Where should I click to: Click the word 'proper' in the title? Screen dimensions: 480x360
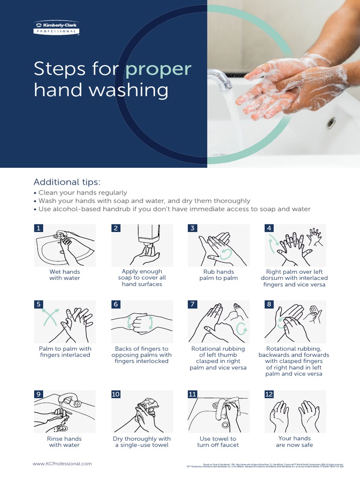158,69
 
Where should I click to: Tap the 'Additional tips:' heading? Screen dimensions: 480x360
67,182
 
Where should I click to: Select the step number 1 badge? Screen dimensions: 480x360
39,228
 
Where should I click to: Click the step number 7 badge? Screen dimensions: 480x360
192,304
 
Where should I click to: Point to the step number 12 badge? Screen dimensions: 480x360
269,394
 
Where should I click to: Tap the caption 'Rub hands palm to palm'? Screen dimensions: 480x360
218,275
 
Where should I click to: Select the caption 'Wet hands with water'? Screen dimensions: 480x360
65,275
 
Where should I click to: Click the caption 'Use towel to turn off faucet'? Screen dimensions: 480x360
218,442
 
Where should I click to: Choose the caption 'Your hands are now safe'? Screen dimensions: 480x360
294,442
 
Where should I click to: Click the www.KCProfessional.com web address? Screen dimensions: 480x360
62,464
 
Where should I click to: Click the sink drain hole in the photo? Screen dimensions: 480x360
331,123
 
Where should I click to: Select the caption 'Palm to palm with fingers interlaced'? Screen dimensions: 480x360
65,352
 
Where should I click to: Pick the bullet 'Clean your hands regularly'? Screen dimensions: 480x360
82,193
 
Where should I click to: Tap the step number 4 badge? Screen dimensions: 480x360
269,228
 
